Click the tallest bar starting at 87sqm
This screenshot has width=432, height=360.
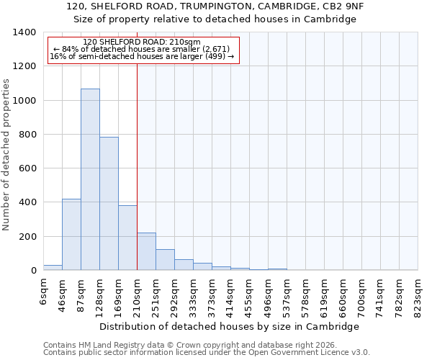(90, 179)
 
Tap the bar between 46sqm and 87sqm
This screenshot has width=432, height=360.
(71, 235)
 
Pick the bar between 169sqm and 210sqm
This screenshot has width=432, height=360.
(127, 238)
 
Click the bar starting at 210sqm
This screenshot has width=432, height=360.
(146, 251)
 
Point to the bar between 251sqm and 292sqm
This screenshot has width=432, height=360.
(165, 260)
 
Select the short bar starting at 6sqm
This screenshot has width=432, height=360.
(53, 267)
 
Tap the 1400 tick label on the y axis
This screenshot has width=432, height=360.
(24, 32)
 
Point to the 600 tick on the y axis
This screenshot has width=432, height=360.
(27, 168)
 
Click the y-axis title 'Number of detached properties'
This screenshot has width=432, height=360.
(6, 155)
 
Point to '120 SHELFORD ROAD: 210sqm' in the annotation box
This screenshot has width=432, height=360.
(142, 42)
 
